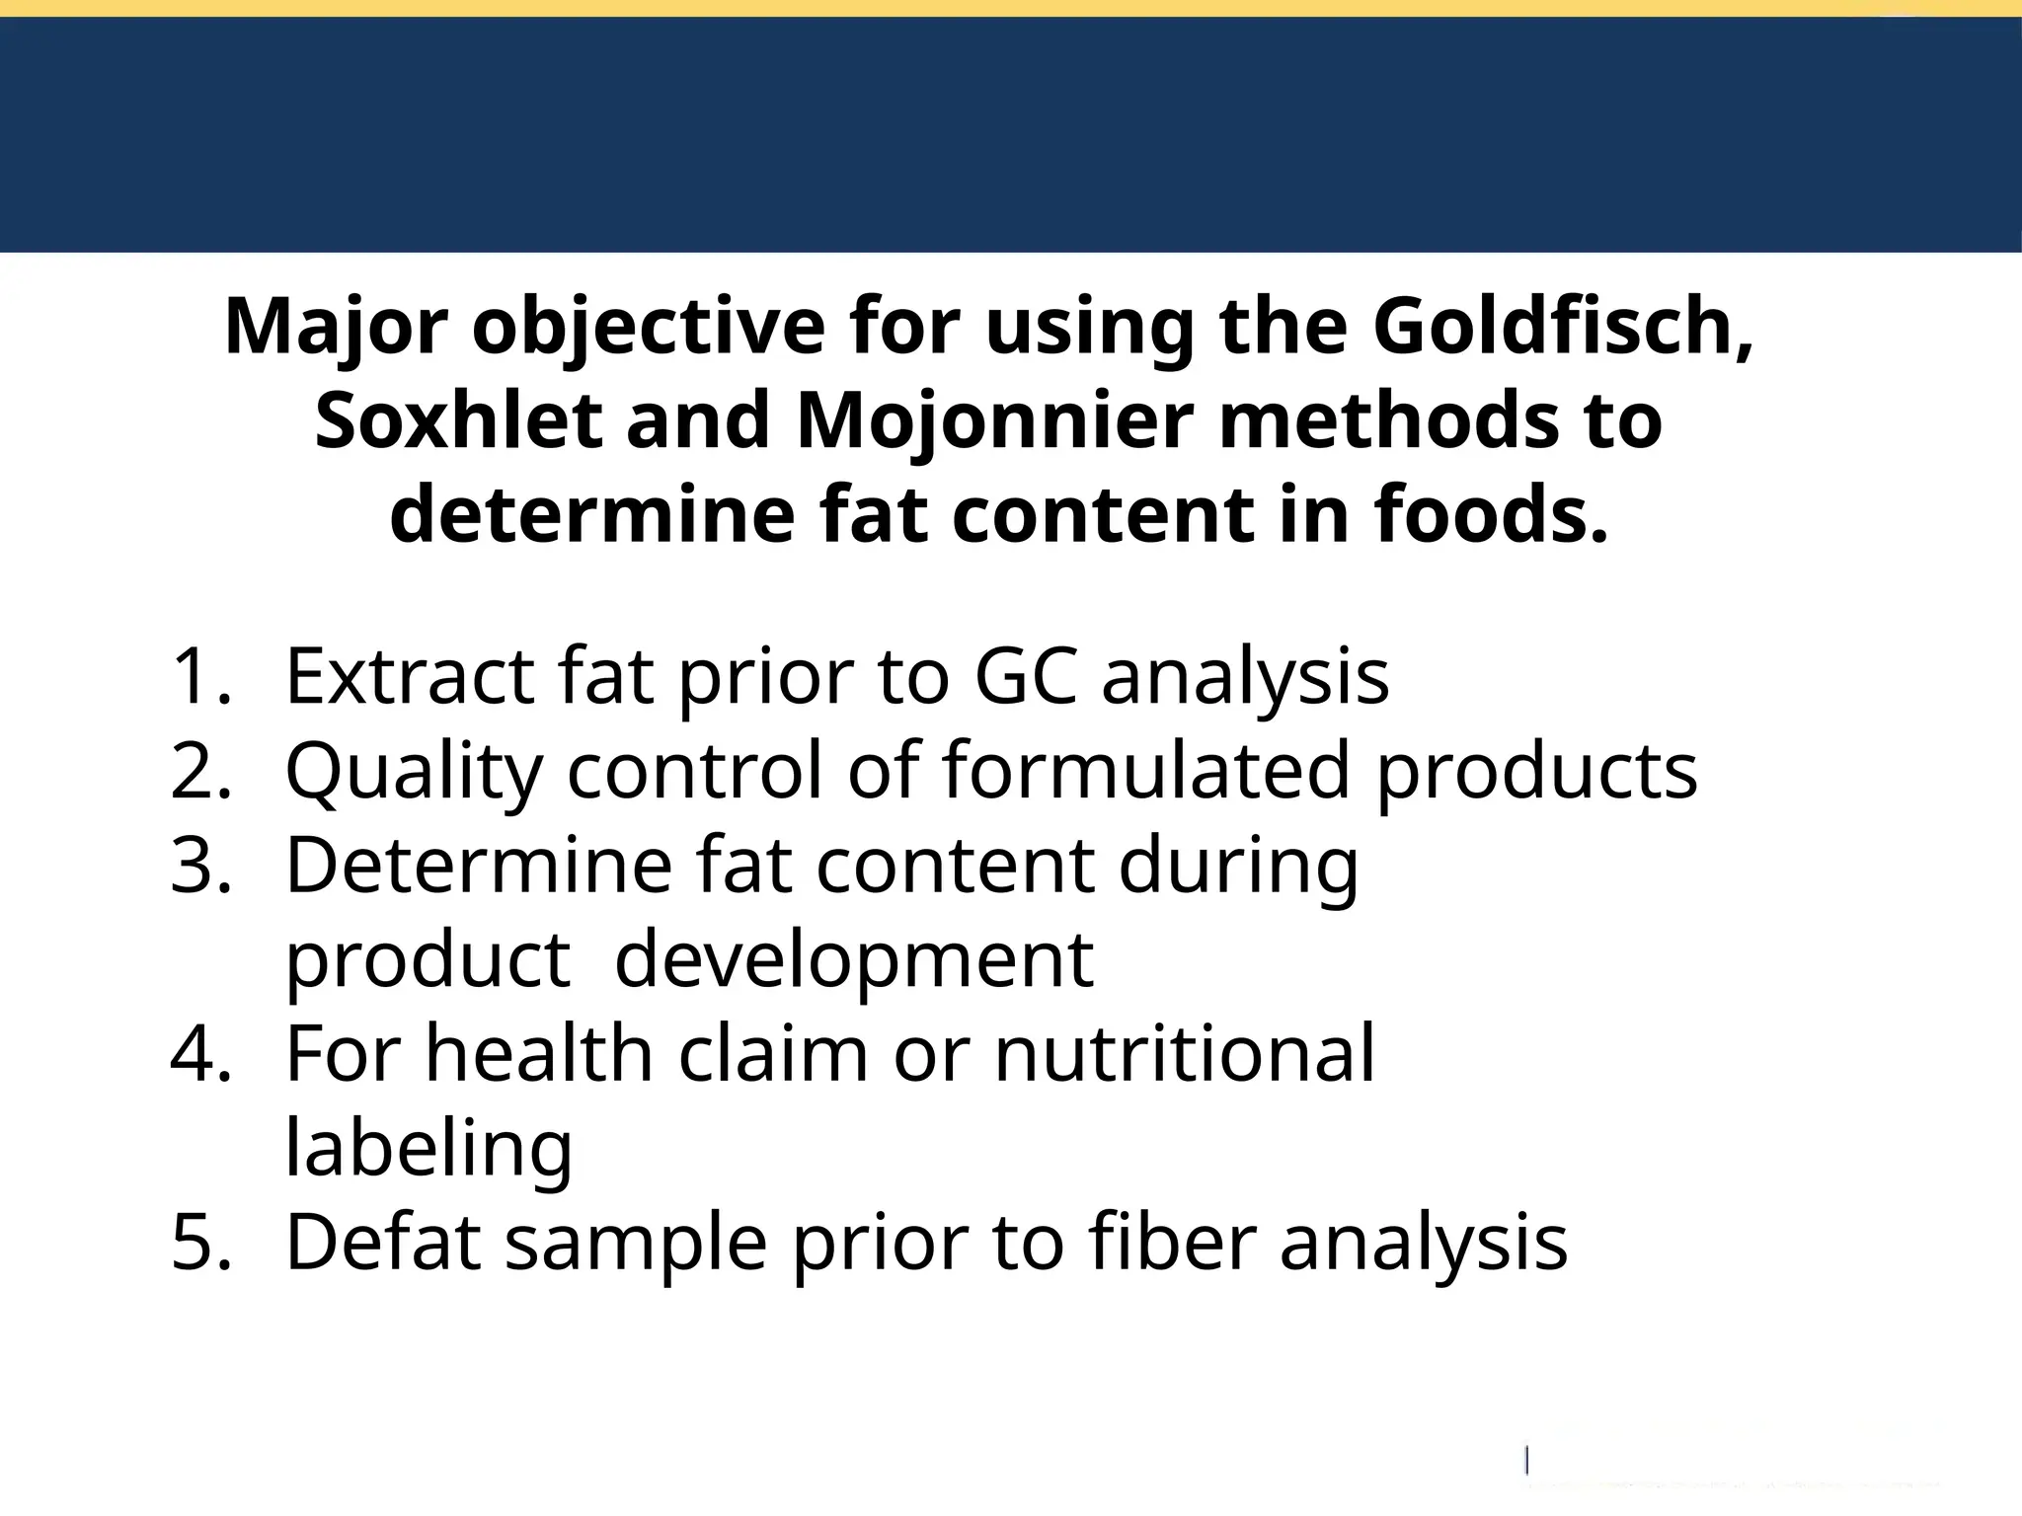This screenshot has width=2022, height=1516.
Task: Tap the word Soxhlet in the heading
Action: pyautogui.click(x=458, y=420)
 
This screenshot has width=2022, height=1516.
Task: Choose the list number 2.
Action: pyautogui.click(x=201, y=771)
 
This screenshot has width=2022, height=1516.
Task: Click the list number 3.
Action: pyautogui.click(x=201, y=866)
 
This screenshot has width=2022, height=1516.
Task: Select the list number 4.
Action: pyautogui.click(x=201, y=1054)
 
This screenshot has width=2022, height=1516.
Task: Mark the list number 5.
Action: pyautogui.click(x=201, y=1243)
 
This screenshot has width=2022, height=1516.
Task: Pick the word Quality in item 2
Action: pyautogui.click(x=414, y=773)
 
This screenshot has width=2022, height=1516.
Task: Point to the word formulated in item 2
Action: pyautogui.click(x=1145, y=771)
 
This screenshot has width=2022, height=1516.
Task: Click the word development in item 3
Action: pyautogui.click(x=853, y=961)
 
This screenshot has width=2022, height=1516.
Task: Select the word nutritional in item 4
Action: pyautogui.click(x=1184, y=1054)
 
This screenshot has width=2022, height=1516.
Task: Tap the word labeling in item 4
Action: pyautogui.click(x=428, y=1149)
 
